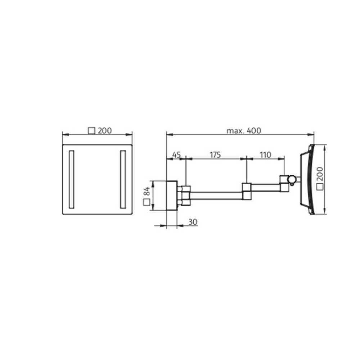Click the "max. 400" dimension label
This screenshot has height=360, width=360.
(x=243, y=131)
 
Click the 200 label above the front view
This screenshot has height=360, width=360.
(x=105, y=131)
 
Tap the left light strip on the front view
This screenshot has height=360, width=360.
(x=71, y=179)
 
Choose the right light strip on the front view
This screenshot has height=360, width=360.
(x=123, y=179)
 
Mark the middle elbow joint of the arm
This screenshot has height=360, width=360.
(x=247, y=191)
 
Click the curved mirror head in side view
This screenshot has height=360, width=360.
(x=308, y=179)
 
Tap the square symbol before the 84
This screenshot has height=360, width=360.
(x=147, y=202)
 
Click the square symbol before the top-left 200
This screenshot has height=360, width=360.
(x=92, y=131)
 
